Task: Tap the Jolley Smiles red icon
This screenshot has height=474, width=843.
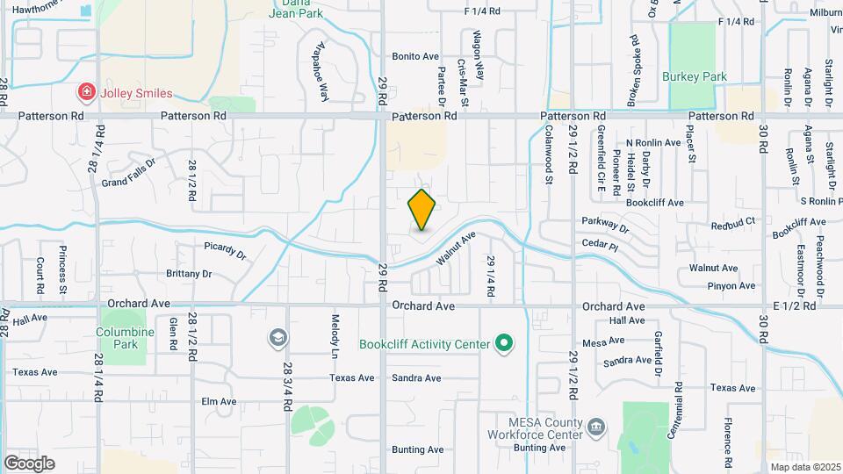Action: click(x=86, y=91)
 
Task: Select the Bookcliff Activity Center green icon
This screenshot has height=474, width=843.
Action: click(x=503, y=343)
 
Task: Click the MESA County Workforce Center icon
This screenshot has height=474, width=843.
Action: click(x=595, y=427)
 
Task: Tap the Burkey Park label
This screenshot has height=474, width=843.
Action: click(x=695, y=76)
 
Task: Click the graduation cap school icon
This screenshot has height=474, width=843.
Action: click(x=277, y=338)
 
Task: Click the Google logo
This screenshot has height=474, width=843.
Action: click(x=29, y=463)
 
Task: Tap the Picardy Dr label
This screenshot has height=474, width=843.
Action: click(x=226, y=250)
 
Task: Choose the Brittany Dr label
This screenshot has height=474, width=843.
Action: click(x=189, y=274)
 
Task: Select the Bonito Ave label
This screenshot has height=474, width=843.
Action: click(x=415, y=56)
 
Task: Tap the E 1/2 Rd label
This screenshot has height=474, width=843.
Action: click(x=795, y=305)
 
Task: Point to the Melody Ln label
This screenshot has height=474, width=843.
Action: click(x=335, y=330)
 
